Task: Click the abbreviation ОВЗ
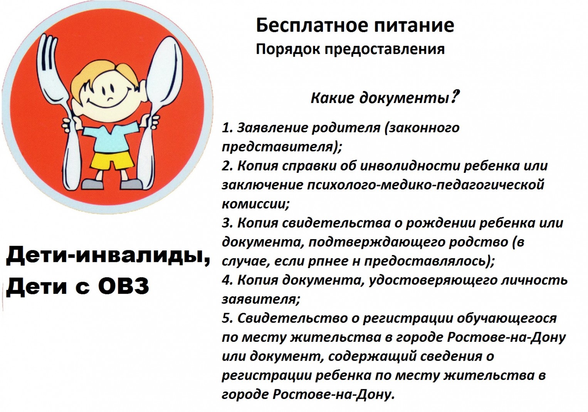(123, 286)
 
